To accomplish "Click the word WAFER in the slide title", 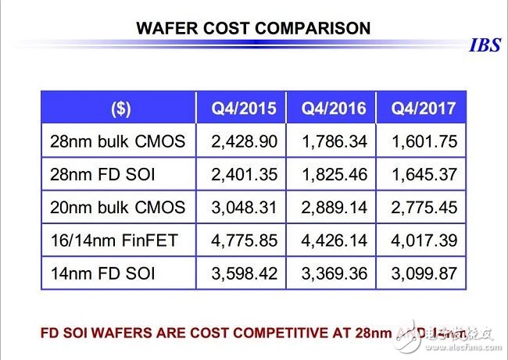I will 168,29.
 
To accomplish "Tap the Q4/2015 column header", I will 244,109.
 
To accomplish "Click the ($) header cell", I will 121,109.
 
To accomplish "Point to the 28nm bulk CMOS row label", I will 117,141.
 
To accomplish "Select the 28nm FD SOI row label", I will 102,175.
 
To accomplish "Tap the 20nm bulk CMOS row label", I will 117,208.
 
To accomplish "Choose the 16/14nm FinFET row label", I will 113,241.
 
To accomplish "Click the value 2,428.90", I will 244,141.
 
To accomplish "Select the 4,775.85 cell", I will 244,241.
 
